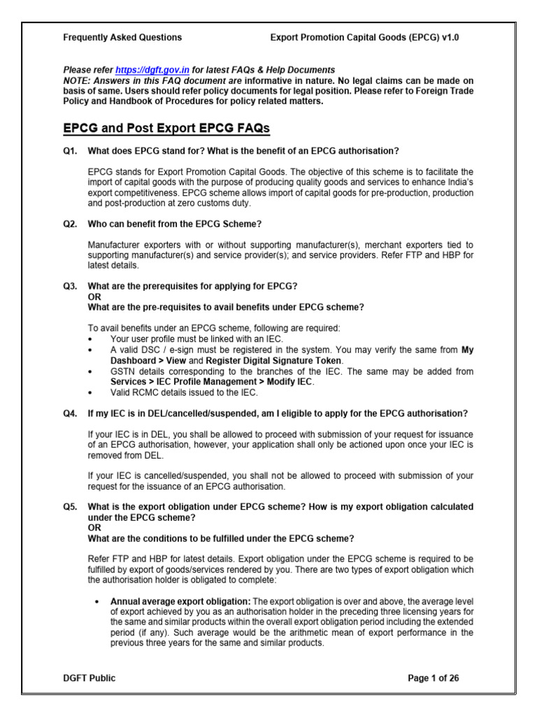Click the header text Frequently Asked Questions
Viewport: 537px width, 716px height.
123,38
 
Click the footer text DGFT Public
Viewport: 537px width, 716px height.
89,678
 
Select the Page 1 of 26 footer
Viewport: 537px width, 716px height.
434,678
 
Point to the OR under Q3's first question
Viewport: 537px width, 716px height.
93,296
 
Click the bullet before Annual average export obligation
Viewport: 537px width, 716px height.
94,601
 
